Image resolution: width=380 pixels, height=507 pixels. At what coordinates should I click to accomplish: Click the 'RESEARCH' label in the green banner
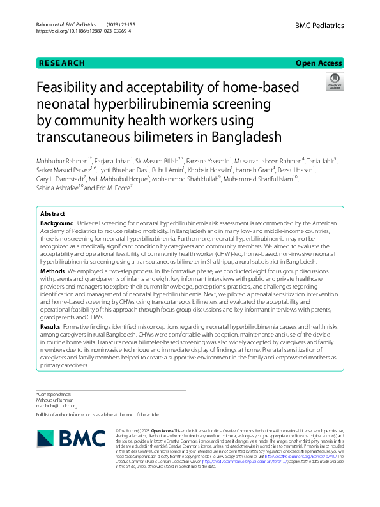61,63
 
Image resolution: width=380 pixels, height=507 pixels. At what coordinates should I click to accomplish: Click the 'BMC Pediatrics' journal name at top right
319,26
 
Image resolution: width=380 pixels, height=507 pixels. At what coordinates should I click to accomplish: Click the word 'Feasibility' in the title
72,88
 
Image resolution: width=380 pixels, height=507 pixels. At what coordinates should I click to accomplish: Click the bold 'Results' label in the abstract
50,326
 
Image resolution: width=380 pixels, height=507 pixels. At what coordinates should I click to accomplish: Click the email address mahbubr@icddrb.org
57,405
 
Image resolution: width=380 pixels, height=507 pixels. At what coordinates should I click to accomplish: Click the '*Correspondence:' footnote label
54,395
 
